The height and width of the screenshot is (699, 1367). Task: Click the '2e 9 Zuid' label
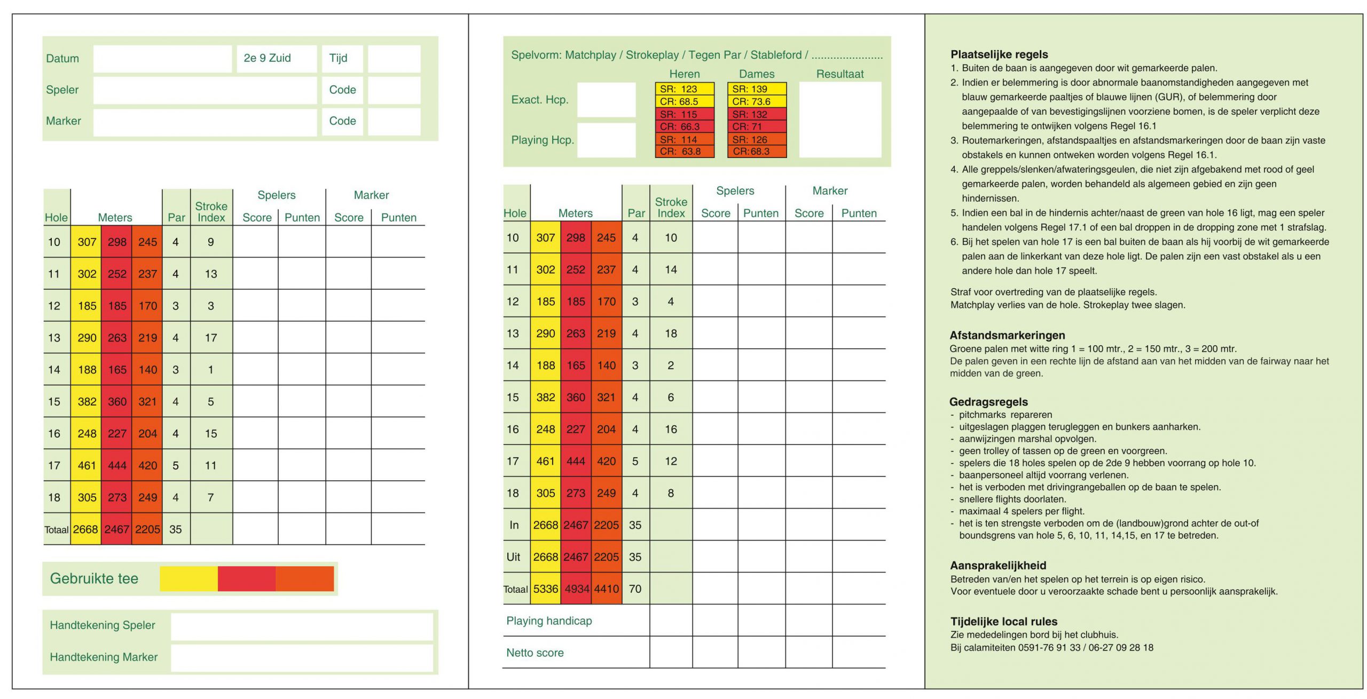coord(267,58)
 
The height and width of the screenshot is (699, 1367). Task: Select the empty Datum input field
coord(162,59)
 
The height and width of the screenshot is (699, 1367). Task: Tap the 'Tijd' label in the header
coord(338,58)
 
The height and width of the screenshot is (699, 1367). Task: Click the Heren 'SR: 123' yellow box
coord(684,89)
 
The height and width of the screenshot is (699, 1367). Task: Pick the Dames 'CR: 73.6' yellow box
coord(756,101)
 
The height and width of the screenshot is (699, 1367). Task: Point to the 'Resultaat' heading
coord(839,74)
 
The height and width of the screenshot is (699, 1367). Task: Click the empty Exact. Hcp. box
coord(606,100)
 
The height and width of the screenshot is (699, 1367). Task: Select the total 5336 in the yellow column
coord(545,589)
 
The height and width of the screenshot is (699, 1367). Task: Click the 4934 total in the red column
coord(576,589)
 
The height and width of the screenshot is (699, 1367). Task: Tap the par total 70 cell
coord(635,589)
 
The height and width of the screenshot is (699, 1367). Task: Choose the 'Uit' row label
coord(513,557)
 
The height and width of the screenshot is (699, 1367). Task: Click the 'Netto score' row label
coord(535,653)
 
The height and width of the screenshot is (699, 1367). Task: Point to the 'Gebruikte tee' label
coord(94,578)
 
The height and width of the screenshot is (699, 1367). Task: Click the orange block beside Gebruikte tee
coord(305,579)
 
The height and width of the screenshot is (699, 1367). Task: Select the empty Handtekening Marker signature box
coord(302,657)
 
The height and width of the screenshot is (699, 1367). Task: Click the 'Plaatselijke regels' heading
coord(999,54)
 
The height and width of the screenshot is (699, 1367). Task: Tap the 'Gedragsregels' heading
coord(988,402)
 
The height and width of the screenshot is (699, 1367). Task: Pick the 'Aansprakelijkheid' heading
coord(998,566)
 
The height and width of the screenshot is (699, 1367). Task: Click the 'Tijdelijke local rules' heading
coord(1003,622)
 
